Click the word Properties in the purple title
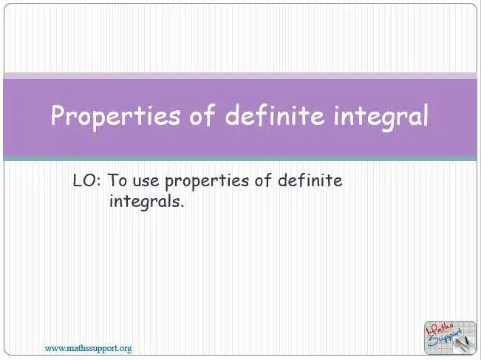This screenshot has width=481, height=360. pyautogui.click(x=115, y=116)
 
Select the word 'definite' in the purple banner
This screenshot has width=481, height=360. pyautogui.click(x=275, y=115)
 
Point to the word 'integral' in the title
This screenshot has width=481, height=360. pyautogui.click(x=381, y=116)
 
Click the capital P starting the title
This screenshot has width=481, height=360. pyautogui.click(x=58, y=115)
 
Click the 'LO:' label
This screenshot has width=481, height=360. pyautogui.click(x=86, y=180)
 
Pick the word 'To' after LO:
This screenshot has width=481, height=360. pyautogui.click(x=117, y=180)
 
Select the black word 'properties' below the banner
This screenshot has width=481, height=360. pyautogui.click(x=207, y=182)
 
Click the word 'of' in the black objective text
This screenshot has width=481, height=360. pyautogui.click(x=263, y=180)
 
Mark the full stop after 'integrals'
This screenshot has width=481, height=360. pyautogui.click(x=182, y=206)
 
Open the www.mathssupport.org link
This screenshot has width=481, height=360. pyautogui.click(x=89, y=349)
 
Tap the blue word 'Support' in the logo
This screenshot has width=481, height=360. pyautogui.click(x=445, y=338)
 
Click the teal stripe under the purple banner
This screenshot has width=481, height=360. pyautogui.click(x=240, y=159)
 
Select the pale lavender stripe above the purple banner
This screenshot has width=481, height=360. pyautogui.click(x=240, y=76)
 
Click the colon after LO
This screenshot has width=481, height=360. pyautogui.click(x=98, y=182)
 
